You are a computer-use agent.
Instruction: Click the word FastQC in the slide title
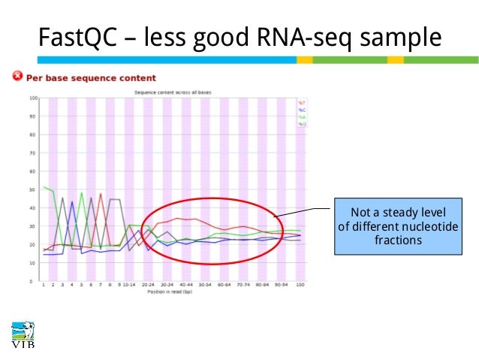pyautogui.click(x=78, y=37)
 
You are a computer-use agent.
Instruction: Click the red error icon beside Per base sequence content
pyautogui.click(x=17, y=77)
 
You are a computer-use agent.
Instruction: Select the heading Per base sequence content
pyautogui.click(x=91, y=77)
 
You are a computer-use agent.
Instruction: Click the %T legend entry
pyautogui.click(x=303, y=101)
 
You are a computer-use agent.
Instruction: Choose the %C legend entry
pyautogui.click(x=303, y=109)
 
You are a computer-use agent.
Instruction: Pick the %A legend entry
pyautogui.click(x=303, y=116)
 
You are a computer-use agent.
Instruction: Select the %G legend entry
pyautogui.click(x=303, y=124)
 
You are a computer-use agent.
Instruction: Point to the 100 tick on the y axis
pyautogui.click(x=33, y=98)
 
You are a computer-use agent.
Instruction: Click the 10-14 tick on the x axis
pyautogui.click(x=130, y=286)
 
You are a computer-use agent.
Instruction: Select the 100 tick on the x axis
pyautogui.click(x=300, y=286)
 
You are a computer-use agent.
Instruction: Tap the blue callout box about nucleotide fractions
pyautogui.click(x=397, y=225)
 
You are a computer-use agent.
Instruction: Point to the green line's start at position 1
pyautogui.click(x=44, y=187)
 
